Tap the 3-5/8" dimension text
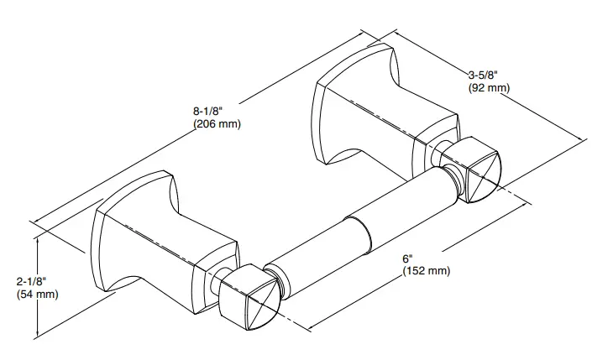tap(485, 74)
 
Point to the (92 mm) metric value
tap(490, 87)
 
